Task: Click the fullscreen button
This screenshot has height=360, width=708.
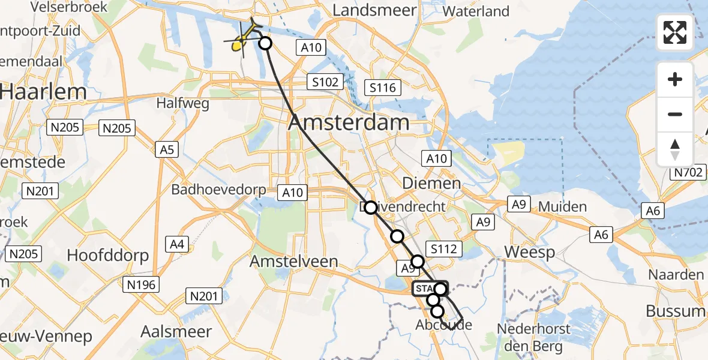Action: click(675, 32)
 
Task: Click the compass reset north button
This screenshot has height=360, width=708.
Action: click(675, 149)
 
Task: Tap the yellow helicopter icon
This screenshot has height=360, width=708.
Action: click(242, 41)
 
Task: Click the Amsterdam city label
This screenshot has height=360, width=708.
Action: click(349, 123)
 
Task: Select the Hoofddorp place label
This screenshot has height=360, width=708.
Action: click(107, 255)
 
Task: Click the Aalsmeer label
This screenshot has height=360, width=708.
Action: click(176, 331)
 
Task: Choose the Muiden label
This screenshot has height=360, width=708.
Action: click(562, 207)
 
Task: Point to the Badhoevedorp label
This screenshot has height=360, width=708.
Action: click(218, 190)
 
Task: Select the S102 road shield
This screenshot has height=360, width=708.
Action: click(325, 82)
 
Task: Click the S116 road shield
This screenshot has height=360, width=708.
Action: click(383, 88)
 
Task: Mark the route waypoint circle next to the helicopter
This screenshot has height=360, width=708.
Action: click(265, 43)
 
